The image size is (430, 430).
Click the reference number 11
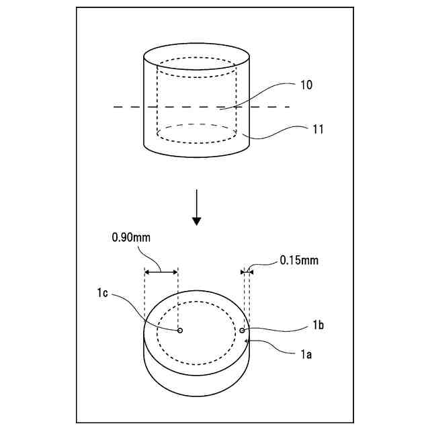pyautogui.click(x=318, y=130)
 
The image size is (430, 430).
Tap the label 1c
pyautogui.click(x=103, y=293)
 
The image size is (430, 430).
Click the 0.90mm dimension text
pyautogui.click(x=132, y=237)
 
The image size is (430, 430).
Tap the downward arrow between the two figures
pyautogui.click(x=196, y=208)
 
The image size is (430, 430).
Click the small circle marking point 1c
pyautogui.click(x=179, y=331)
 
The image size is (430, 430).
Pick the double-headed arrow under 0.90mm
pyautogui.click(x=161, y=271)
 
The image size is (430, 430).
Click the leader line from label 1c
pyautogui.click(x=144, y=313)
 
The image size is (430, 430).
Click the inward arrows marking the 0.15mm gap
pyautogui.click(x=246, y=271)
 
